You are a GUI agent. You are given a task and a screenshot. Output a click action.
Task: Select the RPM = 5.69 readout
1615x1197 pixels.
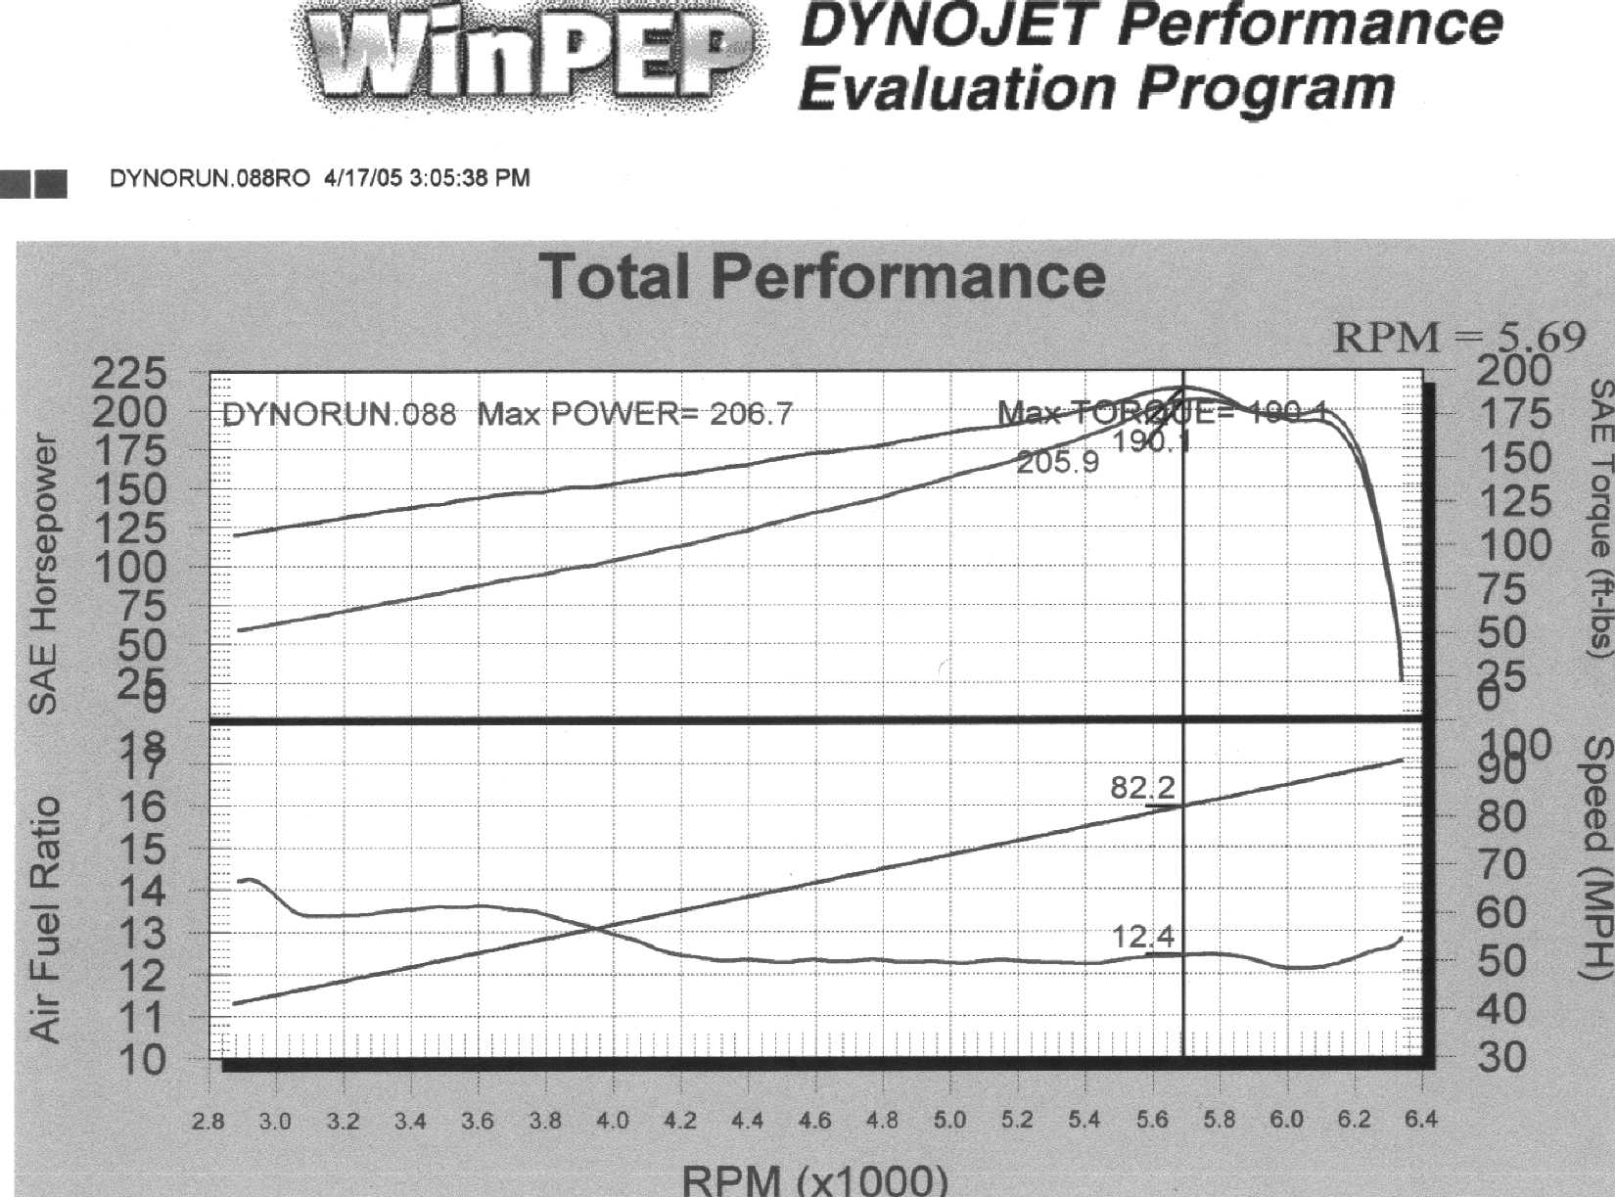click(1458, 338)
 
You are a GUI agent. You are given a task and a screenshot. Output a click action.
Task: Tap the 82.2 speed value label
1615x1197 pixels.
click(1142, 787)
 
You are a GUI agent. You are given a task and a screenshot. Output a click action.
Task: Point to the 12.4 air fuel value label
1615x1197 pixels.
click(1142, 937)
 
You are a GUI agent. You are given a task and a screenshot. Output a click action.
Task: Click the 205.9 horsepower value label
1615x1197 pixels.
click(1057, 462)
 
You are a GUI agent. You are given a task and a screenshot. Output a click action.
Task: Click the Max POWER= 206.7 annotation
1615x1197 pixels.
click(634, 414)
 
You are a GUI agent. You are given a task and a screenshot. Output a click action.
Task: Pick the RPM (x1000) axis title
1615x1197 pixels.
click(814, 1178)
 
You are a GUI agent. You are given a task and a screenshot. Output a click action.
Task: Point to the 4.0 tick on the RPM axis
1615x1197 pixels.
click(613, 1121)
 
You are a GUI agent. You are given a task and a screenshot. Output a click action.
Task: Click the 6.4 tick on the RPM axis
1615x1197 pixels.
click(1421, 1121)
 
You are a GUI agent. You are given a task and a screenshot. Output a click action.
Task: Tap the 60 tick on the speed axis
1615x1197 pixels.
click(1500, 912)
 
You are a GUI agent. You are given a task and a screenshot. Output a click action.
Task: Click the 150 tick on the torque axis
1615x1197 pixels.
click(1513, 458)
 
